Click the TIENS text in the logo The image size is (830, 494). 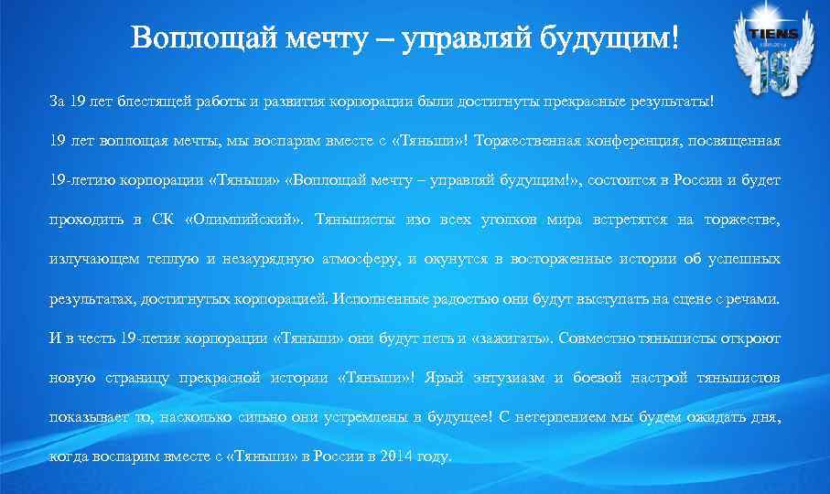click(773, 34)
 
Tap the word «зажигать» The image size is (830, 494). click(509, 338)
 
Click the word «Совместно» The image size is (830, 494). click(597, 338)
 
